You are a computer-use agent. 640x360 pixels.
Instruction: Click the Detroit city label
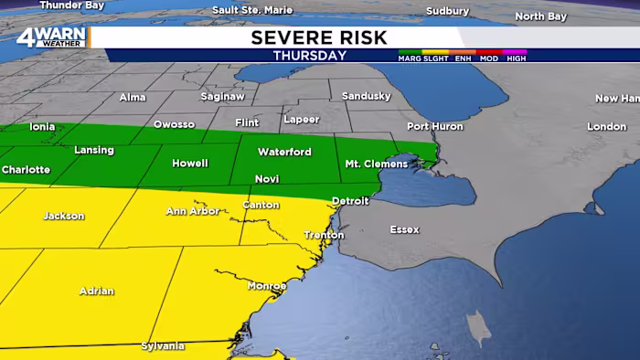(x=350, y=200)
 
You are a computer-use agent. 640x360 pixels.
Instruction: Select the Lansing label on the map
(x=94, y=150)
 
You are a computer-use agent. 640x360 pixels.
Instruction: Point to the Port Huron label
(x=431, y=126)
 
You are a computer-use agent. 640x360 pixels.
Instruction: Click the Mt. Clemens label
(x=369, y=164)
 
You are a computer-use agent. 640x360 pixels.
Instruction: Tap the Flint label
(x=247, y=122)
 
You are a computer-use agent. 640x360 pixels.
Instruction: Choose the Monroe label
(x=267, y=286)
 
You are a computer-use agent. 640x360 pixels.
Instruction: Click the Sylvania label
(x=163, y=346)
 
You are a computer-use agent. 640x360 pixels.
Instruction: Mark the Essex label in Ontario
(x=404, y=229)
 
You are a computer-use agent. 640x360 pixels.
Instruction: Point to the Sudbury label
(x=447, y=11)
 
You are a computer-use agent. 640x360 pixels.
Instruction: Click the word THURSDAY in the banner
(x=310, y=56)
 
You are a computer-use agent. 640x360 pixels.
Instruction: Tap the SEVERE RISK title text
(x=319, y=37)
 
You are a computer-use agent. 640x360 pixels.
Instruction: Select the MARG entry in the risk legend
(x=409, y=58)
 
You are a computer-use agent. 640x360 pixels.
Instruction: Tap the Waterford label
(x=284, y=152)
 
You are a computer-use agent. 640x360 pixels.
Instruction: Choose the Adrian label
(x=97, y=291)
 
